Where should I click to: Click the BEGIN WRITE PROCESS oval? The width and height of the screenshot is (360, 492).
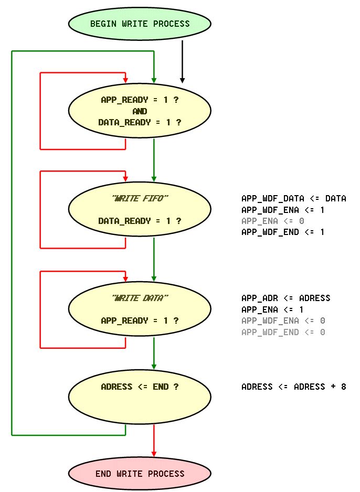140,24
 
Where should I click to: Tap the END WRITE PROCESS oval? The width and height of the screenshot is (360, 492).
140,474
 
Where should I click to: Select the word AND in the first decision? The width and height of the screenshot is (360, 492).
140,111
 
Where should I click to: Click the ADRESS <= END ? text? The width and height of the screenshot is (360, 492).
140,387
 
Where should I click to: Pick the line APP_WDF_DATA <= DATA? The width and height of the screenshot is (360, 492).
293,198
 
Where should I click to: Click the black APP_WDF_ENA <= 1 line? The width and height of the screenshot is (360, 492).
283,210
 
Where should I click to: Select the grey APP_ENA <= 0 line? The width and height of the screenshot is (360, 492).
272,221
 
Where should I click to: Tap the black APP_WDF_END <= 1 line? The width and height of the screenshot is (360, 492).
283,232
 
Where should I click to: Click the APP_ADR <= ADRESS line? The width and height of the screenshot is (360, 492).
285,298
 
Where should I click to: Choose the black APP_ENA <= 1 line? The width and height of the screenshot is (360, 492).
272,309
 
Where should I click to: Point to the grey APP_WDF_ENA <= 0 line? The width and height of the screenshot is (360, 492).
283,320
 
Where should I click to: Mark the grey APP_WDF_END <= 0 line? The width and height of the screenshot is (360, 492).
283,332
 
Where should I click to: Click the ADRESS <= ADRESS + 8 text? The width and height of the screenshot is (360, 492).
293,387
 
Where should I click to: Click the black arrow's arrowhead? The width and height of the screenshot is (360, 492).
182,80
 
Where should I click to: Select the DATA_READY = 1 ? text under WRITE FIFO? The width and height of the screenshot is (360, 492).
140,221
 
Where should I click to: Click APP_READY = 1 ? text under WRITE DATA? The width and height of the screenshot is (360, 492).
140,320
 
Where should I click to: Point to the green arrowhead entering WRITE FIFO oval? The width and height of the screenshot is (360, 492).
154,178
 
